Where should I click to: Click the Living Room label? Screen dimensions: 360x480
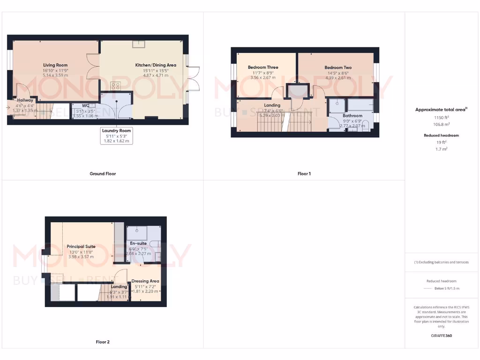(55, 65)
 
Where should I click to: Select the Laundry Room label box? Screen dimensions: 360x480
(117, 135)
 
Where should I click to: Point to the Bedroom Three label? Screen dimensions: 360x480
(263, 67)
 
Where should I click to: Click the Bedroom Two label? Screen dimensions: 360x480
(338, 67)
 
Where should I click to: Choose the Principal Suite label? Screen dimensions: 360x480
(81, 246)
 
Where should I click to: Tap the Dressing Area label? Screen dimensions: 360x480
(145, 281)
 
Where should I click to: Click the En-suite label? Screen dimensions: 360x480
(138, 243)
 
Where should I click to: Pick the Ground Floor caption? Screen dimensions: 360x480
(103, 173)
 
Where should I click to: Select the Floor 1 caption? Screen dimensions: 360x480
(304, 173)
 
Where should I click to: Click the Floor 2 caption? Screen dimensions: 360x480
(102, 342)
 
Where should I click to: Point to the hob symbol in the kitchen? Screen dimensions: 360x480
(115, 86)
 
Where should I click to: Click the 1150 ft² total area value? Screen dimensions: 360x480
(441, 118)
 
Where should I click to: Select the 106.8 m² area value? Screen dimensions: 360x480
(441, 125)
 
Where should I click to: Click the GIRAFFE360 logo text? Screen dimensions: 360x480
(441, 336)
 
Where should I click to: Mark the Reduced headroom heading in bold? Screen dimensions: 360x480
(441, 135)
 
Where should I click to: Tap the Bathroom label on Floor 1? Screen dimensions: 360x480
(352, 115)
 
